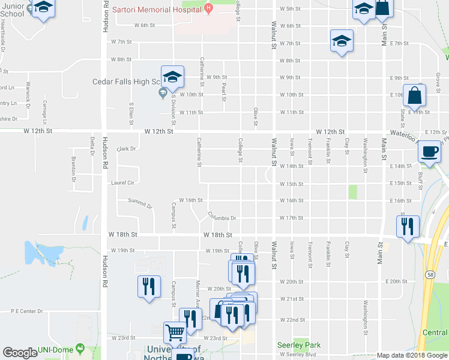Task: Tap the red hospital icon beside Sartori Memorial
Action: tap(208, 8)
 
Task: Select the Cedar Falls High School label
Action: tap(125, 82)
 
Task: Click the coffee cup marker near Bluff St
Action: tap(430, 153)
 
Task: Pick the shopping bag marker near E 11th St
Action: tap(414, 96)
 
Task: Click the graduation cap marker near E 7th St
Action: tap(342, 41)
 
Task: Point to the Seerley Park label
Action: tap(299, 345)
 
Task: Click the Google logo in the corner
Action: tap(20, 353)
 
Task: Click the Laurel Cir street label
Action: tap(121, 182)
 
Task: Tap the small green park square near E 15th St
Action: tap(352, 192)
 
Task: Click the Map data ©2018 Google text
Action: tap(412, 355)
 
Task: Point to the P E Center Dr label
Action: tap(28, 311)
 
